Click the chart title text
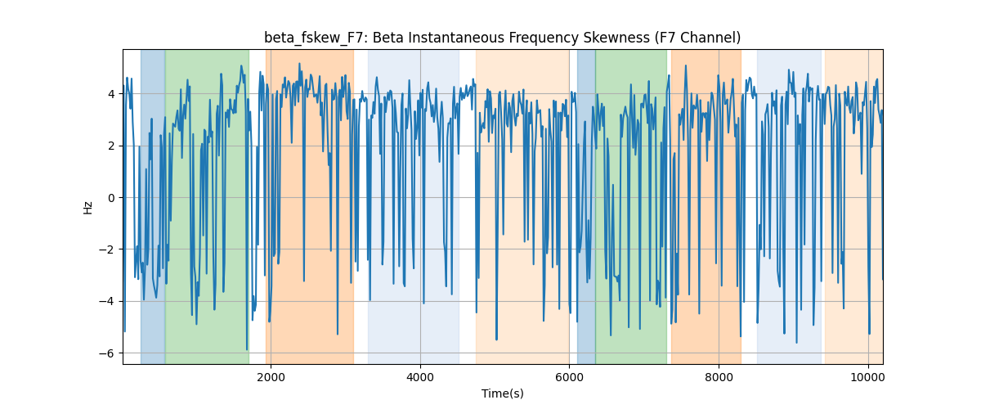(502, 38)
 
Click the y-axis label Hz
(88, 208)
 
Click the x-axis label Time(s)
(502, 393)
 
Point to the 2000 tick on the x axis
(271, 377)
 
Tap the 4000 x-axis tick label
(420, 377)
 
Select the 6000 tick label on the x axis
(569, 377)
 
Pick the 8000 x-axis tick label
(719, 377)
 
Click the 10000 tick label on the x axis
(868, 377)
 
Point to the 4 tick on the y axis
(112, 94)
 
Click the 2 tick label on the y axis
(112, 146)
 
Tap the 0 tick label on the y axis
(112, 198)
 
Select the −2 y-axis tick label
(107, 249)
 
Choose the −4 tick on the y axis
(107, 301)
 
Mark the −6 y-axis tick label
(107, 353)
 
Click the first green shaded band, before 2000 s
(207, 206)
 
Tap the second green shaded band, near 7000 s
(631, 206)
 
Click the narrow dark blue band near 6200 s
(586, 206)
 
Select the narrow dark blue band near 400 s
(153, 206)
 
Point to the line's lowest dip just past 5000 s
(496, 339)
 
